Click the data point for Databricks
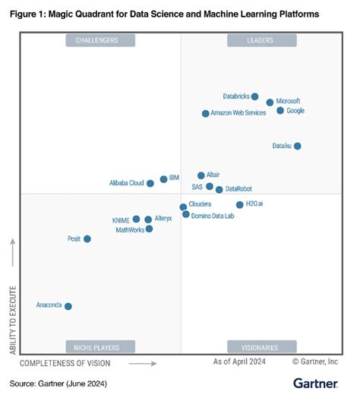255,96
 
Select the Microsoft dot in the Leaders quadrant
270,102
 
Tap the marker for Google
280,111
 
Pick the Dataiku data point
297,146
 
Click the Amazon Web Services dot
205,113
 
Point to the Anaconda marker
68,306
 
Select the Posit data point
87,238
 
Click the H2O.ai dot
240,204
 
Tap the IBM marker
163,179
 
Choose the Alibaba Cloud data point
150,183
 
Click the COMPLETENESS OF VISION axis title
71,363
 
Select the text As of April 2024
241,363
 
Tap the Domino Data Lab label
213,216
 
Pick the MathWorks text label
128,229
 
